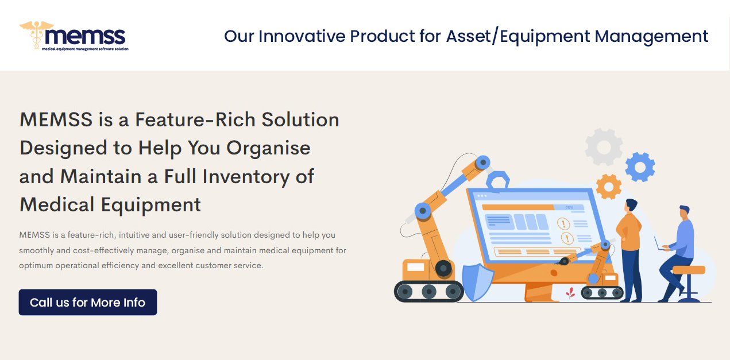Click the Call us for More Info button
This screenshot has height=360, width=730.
[x=88, y=303]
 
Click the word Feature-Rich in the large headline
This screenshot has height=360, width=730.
[x=195, y=119]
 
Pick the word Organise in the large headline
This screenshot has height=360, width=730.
[x=268, y=148]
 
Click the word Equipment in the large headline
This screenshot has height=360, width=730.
[x=150, y=205]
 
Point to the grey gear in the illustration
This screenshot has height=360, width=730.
[x=604, y=146]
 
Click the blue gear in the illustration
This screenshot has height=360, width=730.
[x=640, y=167]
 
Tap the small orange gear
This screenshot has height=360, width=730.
[x=609, y=187]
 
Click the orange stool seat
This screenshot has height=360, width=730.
[x=689, y=270]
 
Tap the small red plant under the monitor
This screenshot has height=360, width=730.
[x=570, y=293]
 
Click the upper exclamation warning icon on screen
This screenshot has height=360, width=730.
[x=563, y=224]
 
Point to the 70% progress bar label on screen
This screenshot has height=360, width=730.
[x=569, y=207]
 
